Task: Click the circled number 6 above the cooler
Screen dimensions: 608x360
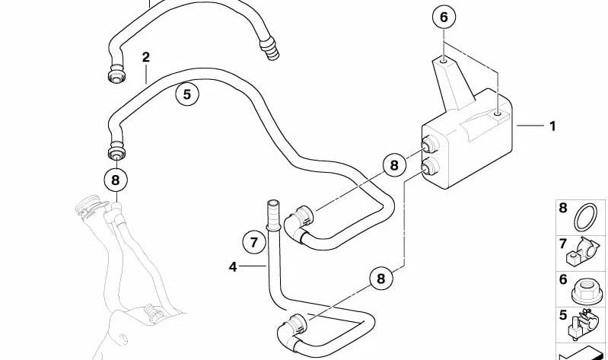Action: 444,18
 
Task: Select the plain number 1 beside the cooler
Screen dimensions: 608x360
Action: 552,126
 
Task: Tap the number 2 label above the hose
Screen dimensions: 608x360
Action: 146,57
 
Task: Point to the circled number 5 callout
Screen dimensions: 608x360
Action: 187,94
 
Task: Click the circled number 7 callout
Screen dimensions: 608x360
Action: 254,243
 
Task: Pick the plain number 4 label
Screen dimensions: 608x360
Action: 233,266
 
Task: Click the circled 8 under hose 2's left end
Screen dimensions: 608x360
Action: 116,180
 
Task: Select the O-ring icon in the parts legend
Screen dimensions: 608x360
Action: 585,217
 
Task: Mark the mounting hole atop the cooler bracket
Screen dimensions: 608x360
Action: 442,61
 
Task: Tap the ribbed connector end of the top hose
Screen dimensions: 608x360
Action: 269,48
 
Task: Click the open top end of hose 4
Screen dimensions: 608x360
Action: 272,203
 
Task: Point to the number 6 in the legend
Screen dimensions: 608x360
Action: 563,279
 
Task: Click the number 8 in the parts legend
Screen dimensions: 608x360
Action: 563,208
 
